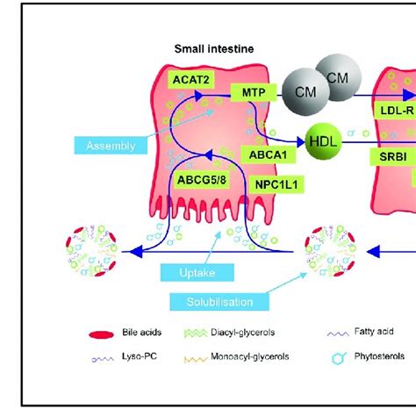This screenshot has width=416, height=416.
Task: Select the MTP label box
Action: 248,91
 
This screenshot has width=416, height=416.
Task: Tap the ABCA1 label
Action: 264,153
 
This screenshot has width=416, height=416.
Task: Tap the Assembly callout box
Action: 111,146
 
